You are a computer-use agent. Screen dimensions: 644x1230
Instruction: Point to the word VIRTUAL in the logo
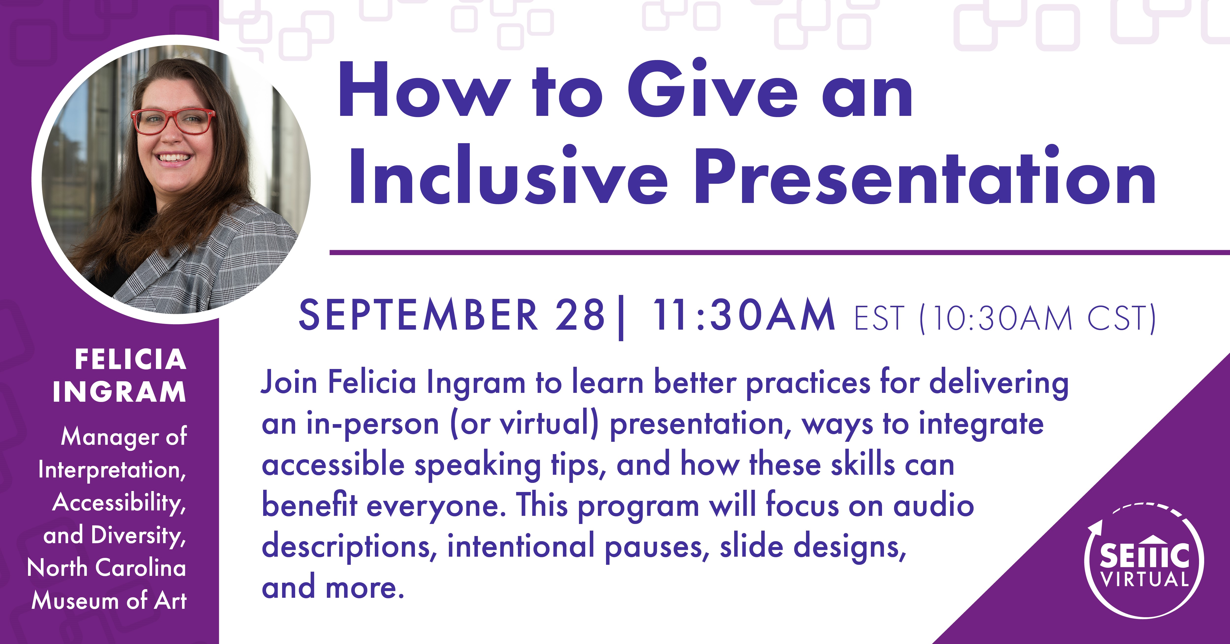(x=1144, y=579)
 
